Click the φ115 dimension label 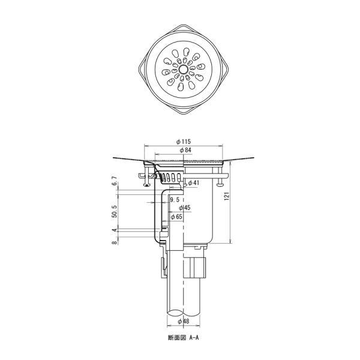point(183,142)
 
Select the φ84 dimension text point(185,150)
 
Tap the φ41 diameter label point(194,183)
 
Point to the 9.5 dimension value point(175,200)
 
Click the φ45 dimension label point(185,208)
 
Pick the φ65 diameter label point(176,217)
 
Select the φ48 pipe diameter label point(184,321)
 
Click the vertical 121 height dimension point(227,196)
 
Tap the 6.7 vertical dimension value point(115,181)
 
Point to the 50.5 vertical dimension point(115,211)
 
